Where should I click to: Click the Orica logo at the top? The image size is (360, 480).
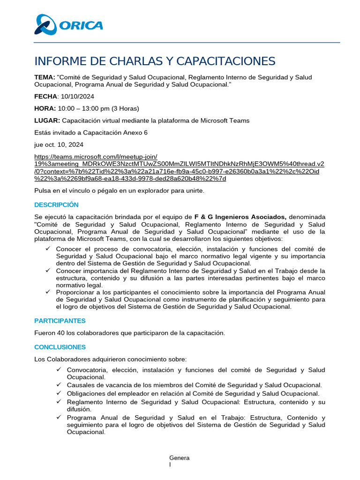(69, 25)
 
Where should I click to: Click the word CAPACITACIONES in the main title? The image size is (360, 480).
(221, 61)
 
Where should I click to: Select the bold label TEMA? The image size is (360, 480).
(45, 77)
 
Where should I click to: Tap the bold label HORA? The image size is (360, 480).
(45, 109)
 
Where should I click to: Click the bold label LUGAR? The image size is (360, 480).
(47, 120)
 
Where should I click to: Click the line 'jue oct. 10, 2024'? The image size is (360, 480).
(59, 145)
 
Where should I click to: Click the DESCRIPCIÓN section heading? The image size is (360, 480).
(56, 205)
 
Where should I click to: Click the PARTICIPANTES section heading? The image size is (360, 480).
(60, 321)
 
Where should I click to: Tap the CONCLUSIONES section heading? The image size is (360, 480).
(60, 347)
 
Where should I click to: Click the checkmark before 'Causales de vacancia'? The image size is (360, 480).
(59, 385)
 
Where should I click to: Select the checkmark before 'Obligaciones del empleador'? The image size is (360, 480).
(59, 393)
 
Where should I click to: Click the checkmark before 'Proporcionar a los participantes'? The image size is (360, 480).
(47, 292)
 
